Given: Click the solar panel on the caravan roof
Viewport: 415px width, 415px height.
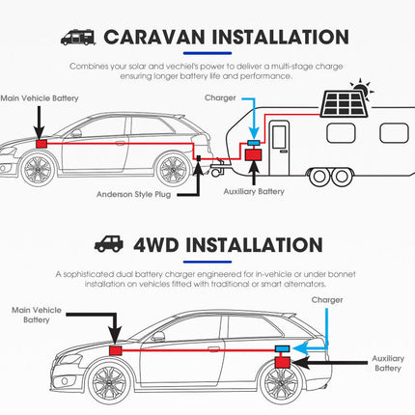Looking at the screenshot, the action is pyautogui.click(x=345, y=103).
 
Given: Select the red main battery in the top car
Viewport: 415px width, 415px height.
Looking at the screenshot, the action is pyautogui.click(x=41, y=144).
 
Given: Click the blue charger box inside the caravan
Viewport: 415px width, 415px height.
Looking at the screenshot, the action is pyautogui.click(x=254, y=142).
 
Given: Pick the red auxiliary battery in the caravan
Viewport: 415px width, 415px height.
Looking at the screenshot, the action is pyautogui.click(x=254, y=154).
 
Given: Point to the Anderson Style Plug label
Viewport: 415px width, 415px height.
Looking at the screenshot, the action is pyautogui.click(x=134, y=194).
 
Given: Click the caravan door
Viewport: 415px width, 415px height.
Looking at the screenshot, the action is pyautogui.click(x=279, y=148).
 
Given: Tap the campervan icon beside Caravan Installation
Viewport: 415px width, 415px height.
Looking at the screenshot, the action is pyautogui.click(x=78, y=38).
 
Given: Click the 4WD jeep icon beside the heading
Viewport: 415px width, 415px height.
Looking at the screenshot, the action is pyautogui.click(x=109, y=244).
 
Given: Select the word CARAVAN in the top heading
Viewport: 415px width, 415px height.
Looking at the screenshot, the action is pyautogui.click(x=154, y=37).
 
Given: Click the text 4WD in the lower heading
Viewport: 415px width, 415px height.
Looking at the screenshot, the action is pyautogui.click(x=156, y=245).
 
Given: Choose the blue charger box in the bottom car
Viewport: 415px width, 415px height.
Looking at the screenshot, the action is pyautogui.click(x=283, y=348).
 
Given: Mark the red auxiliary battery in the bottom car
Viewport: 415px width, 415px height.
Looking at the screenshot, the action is pyautogui.click(x=283, y=362).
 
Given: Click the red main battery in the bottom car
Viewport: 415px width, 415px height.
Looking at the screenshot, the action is pyautogui.click(x=116, y=350).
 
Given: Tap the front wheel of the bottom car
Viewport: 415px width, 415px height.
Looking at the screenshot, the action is pyautogui.click(x=109, y=381).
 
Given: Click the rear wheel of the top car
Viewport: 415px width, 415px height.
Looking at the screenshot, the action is pyautogui.click(x=174, y=170).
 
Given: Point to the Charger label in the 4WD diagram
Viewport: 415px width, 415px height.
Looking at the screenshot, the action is pyautogui.click(x=327, y=300).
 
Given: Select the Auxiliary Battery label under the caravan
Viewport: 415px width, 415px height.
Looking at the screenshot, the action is pyautogui.click(x=254, y=192).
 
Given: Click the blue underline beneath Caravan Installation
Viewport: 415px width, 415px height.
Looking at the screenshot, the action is pyautogui.click(x=207, y=53).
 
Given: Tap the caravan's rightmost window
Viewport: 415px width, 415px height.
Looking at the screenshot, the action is pyautogui.click(x=394, y=133).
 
